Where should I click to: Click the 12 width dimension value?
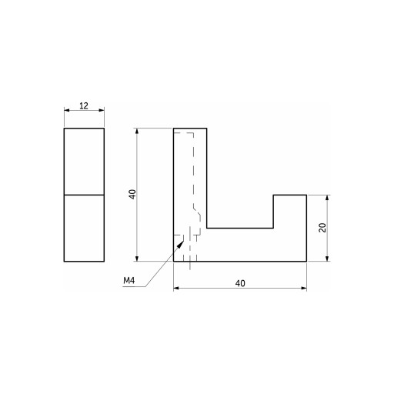84,105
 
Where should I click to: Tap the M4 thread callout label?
129,281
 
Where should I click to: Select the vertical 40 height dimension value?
132,195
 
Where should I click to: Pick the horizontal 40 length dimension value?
240,283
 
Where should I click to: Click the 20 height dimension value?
322,228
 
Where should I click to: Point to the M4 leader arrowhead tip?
184,241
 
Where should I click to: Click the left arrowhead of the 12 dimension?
67,110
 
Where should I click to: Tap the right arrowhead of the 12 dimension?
102,110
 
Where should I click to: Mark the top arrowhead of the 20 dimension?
327,198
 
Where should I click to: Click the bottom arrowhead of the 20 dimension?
327,259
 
